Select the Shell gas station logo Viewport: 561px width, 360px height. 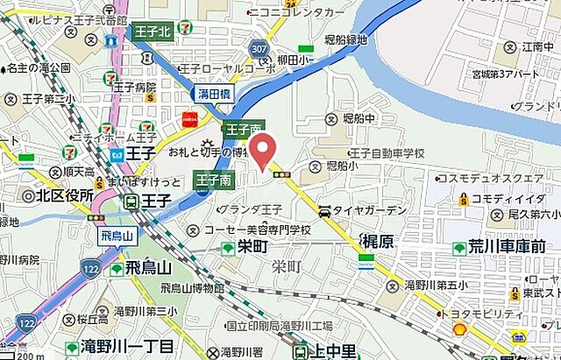coord(458,329)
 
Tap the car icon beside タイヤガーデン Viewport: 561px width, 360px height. coord(324,211)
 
